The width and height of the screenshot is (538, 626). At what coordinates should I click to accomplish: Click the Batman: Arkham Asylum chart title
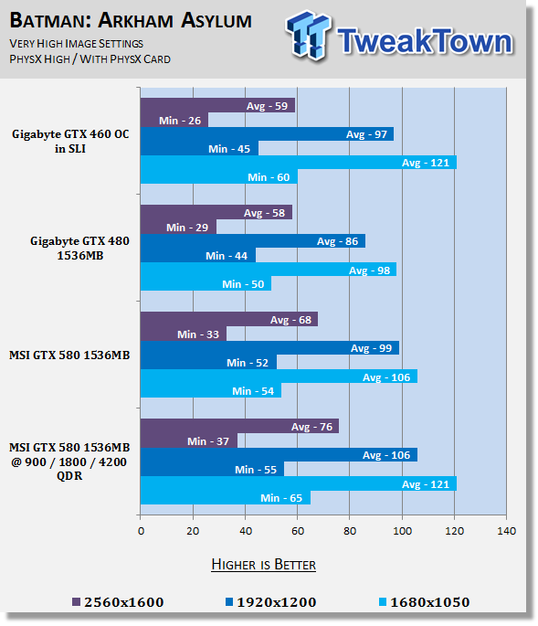131,21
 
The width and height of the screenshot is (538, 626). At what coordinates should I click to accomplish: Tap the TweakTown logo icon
308,35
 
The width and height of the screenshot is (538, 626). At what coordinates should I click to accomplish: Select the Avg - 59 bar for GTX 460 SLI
217,106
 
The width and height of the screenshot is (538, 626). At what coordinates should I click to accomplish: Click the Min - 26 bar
174,120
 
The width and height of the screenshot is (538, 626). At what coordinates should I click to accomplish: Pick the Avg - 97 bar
267,134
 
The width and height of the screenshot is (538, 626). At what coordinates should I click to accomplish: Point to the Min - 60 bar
218,177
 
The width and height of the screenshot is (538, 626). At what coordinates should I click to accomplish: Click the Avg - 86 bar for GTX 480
253,241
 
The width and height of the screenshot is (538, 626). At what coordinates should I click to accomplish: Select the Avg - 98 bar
269,270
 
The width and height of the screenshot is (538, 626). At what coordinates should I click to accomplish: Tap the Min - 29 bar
178,228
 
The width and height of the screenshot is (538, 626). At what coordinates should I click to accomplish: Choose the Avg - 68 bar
229,319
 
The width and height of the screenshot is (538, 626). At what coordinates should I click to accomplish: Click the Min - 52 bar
208,362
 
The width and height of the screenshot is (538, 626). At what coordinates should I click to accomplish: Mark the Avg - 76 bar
239,427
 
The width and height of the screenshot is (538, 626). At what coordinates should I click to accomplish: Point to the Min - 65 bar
226,497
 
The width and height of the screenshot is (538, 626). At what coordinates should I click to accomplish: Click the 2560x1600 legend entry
118,602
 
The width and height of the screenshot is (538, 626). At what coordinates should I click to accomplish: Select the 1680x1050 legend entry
424,602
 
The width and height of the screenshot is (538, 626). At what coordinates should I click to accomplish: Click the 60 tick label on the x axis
298,531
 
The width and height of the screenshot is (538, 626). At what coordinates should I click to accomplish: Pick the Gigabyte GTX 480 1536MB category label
79,248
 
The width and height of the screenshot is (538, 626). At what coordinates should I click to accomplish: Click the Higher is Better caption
263,565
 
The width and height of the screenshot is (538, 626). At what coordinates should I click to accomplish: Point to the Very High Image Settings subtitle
76,44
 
